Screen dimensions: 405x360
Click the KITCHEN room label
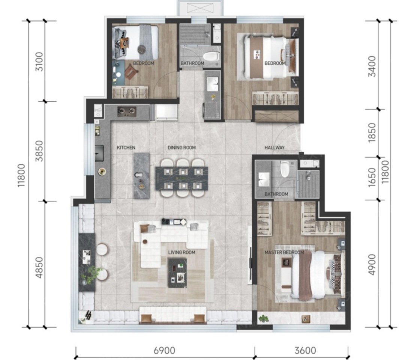click(126, 148)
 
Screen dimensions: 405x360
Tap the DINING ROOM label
click(181, 148)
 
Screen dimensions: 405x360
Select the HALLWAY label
click(274, 148)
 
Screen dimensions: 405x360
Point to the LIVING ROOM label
click(181, 252)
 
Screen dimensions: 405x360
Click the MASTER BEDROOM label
click(284, 252)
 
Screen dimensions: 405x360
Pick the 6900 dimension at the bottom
click(164, 351)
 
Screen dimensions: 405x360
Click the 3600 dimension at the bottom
click(305, 351)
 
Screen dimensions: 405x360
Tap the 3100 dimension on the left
click(39, 62)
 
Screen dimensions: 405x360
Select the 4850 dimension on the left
click(39, 267)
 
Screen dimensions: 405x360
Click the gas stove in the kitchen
click(127, 111)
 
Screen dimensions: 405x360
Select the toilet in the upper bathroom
click(211, 56)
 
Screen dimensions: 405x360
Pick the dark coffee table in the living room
click(177, 273)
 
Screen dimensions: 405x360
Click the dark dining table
click(182, 179)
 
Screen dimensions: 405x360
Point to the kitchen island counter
click(141, 176)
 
